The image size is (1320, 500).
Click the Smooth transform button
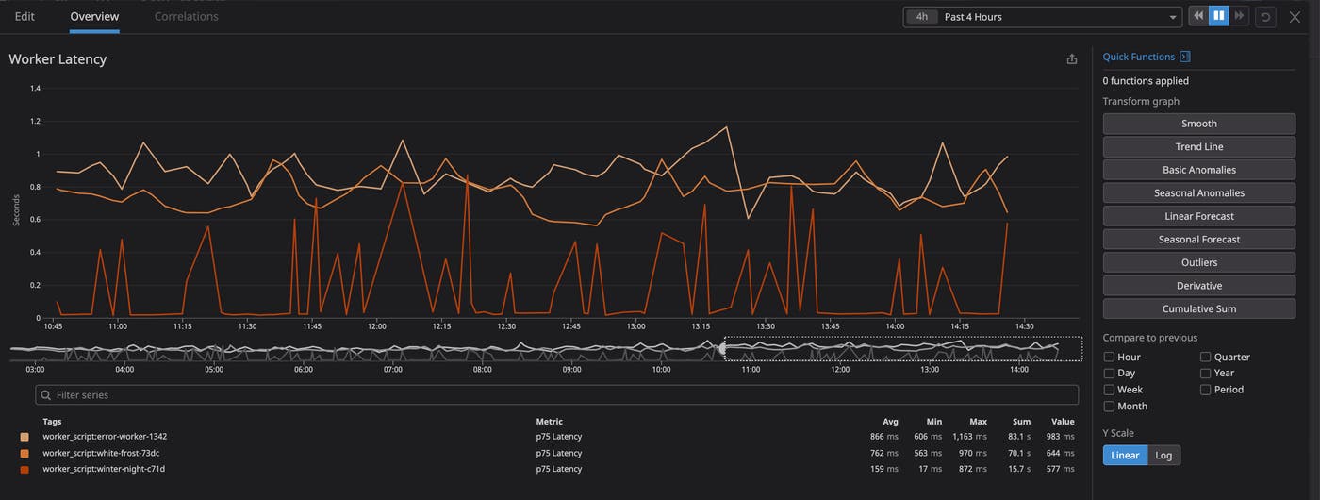[x=1198, y=124]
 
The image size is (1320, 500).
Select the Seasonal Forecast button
[x=1198, y=240]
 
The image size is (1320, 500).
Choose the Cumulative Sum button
[x=1198, y=308]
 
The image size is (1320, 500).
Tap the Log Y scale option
[x=1163, y=455]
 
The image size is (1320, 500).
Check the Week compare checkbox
[x=1110, y=390]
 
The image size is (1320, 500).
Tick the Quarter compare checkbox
[x=1206, y=358]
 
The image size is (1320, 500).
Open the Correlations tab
[x=186, y=16]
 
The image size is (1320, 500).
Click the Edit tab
[x=25, y=16]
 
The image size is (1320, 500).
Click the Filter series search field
[x=556, y=395]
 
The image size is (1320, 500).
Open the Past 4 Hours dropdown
[x=1042, y=17]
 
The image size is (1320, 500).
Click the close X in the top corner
[x=1295, y=17]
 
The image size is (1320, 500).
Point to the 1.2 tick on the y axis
[x=35, y=121]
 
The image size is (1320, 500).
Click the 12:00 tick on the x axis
[x=377, y=326]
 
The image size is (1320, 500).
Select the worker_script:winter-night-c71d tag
[x=104, y=469]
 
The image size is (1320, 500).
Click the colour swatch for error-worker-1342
[x=25, y=437]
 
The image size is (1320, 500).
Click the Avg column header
[x=890, y=422]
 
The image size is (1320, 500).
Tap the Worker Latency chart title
[x=58, y=59]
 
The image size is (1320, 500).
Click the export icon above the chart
[x=1071, y=59]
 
